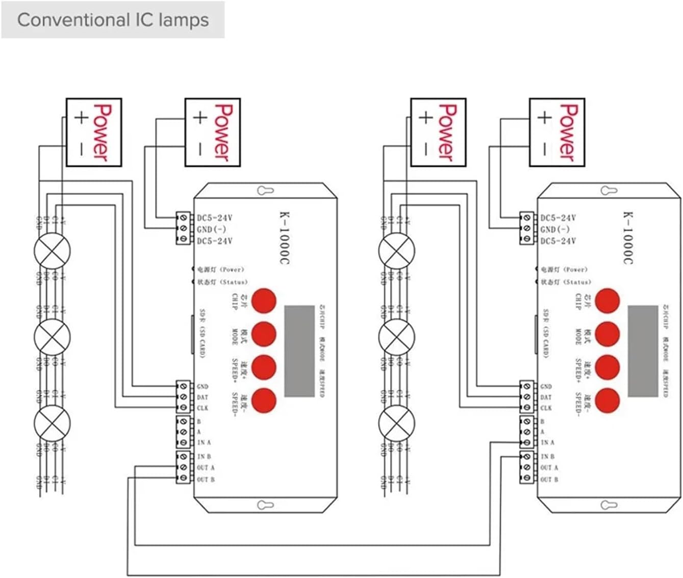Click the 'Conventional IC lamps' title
(113, 20)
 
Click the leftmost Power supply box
(94, 132)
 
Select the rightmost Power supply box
(557, 132)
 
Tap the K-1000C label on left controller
(284, 238)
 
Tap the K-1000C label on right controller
(627, 238)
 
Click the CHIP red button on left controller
(264, 300)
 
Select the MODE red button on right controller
(607, 334)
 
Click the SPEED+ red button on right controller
(607, 367)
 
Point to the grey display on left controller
(299, 351)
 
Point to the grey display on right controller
(643, 351)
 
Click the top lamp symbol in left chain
(52, 251)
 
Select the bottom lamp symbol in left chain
(52, 423)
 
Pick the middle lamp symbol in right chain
(397, 337)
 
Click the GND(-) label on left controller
(212, 230)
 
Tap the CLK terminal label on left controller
(203, 408)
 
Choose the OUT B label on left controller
(206, 479)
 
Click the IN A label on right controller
(547, 442)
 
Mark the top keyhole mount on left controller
(265, 191)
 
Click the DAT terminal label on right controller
(546, 397)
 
